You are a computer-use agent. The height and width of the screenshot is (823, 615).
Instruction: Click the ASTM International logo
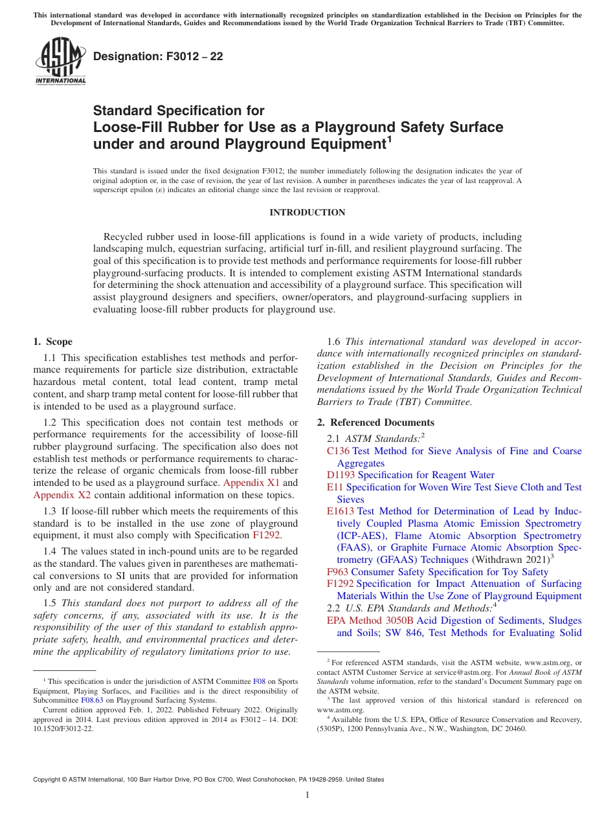tap(60, 61)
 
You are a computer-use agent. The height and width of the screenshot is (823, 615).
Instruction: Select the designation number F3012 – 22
tap(158, 56)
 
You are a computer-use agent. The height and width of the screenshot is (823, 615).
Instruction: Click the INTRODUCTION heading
tap(307, 212)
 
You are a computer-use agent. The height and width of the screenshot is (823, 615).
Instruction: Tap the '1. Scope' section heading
tap(52, 342)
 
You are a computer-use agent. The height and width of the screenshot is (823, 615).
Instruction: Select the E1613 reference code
tap(341, 511)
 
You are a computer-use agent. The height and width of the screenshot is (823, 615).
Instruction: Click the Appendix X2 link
tap(61, 496)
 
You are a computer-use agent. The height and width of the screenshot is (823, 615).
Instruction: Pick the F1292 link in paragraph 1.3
tap(265, 535)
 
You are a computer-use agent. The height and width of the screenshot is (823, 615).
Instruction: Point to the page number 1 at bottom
tap(307, 795)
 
